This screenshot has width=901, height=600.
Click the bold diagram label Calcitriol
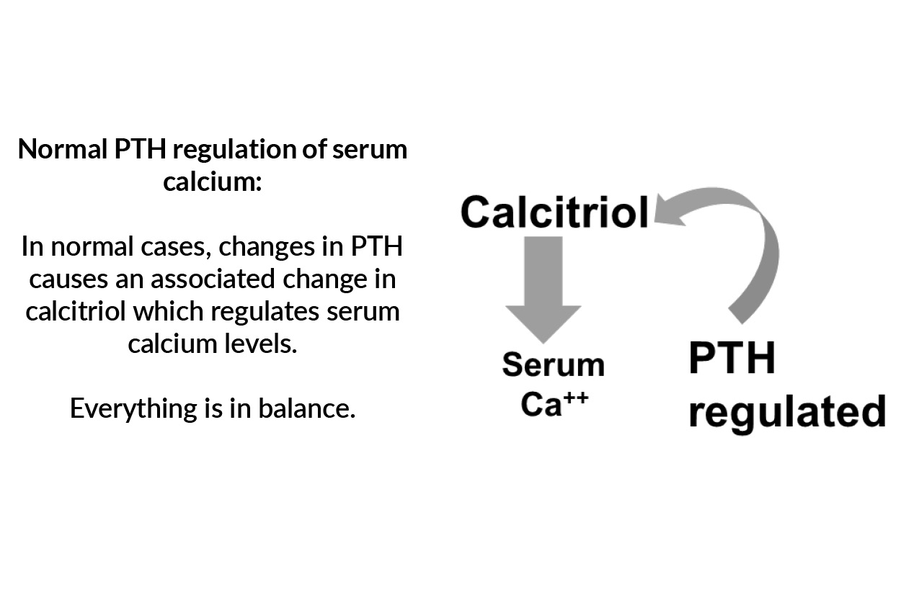(x=554, y=212)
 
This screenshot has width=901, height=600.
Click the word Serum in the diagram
(x=553, y=364)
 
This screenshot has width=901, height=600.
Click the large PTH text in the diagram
(x=732, y=359)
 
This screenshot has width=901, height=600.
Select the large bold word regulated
(x=786, y=413)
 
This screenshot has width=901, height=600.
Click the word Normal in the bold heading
(x=63, y=149)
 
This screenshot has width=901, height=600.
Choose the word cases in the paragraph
(x=179, y=246)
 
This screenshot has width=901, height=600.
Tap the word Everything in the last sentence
(x=131, y=408)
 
